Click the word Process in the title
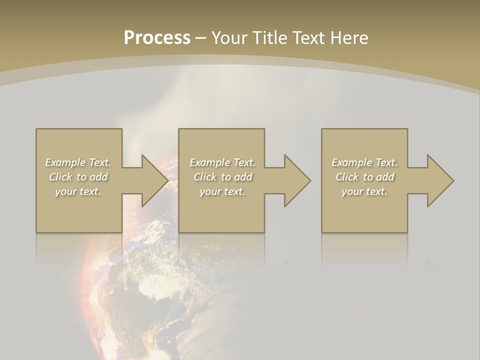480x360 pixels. tap(157, 38)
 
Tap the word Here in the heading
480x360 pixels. tap(348, 38)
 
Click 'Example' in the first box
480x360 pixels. tap(65, 162)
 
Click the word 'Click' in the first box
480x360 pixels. tap(60, 177)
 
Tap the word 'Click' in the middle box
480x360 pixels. tap(205, 177)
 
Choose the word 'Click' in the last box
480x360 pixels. tap(347, 177)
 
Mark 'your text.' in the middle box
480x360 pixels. tap(222, 191)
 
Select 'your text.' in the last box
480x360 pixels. tap(364, 191)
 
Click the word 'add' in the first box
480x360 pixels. tap(99, 177)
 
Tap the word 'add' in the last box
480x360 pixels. tap(385, 177)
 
